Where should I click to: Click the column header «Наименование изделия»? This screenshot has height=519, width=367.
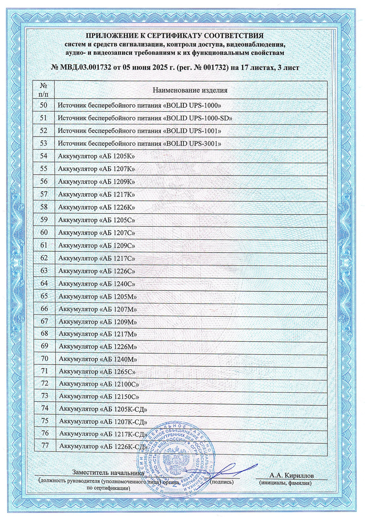click(x=190, y=90)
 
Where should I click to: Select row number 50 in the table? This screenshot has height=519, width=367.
click(x=44, y=105)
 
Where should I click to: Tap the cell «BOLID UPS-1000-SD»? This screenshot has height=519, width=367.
click(x=145, y=118)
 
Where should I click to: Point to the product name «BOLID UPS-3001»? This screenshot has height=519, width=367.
click(x=139, y=144)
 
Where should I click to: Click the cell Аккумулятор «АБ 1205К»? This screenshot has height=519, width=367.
click(x=96, y=156)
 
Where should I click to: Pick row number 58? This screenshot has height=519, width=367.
click(x=44, y=207)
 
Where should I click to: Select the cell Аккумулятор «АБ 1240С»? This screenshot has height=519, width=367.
click(x=97, y=283)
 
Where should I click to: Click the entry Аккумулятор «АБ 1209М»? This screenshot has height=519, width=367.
click(x=98, y=322)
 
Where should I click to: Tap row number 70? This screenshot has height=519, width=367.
click(x=45, y=358)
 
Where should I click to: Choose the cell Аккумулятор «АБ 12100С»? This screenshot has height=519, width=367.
click(x=99, y=384)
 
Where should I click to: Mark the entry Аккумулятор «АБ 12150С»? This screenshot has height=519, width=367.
click(x=99, y=396)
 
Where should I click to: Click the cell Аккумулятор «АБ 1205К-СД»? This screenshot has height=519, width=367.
click(x=103, y=409)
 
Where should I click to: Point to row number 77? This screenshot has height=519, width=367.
click(x=45, y=446)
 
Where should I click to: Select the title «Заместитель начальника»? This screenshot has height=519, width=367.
click(x=108, y=472)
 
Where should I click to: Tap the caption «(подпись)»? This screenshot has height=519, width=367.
click(x=222, y=482)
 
